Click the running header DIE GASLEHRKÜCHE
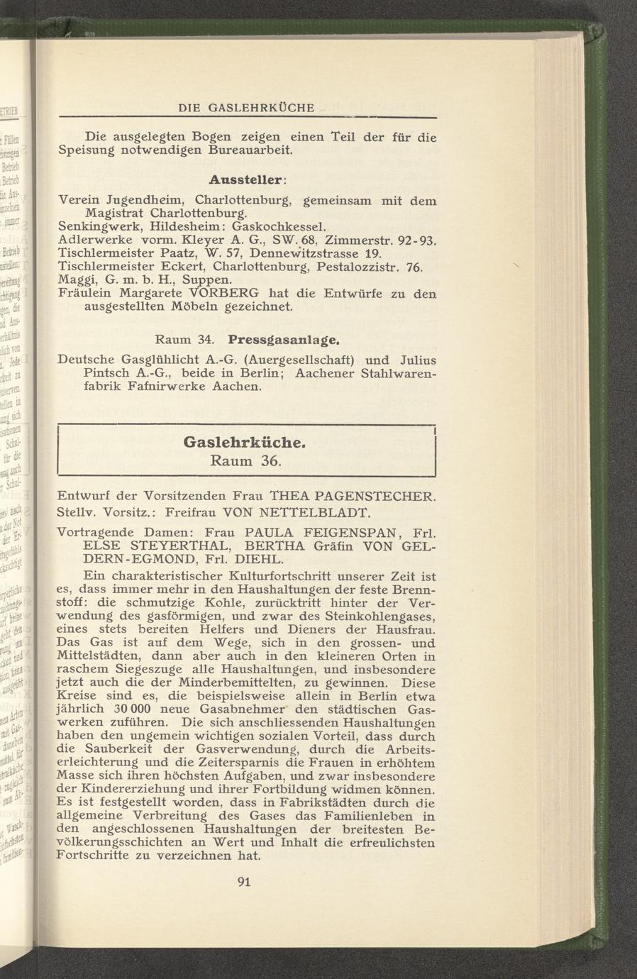[245, 108]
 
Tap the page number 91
[245, 882]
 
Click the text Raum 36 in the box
[245, 460]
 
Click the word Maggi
[76, 280]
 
